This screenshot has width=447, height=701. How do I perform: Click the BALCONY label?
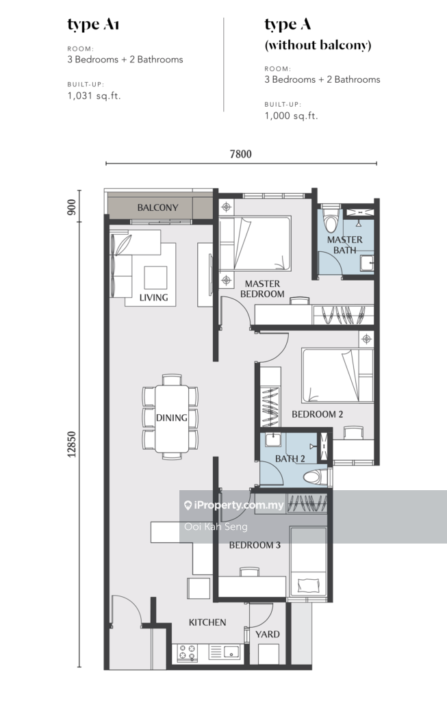tap(157, 207)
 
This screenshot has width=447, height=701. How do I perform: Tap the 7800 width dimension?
tap(240, 154)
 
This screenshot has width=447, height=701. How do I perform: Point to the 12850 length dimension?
tap(72, 444)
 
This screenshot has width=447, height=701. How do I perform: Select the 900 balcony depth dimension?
tap(72, 207)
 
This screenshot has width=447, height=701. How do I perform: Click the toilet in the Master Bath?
tap(331, 220)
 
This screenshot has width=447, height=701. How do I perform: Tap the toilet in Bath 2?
tap(316, 476)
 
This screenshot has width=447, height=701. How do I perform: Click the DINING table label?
tap(171, 418)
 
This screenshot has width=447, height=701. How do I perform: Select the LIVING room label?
tap(154, 297)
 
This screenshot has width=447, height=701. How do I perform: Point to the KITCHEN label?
tap(207, 622)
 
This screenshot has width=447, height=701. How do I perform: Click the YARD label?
tap(267, 634)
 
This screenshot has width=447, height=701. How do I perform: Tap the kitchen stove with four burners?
tap(188, 652)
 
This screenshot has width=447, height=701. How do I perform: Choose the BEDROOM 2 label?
tap(318, 414)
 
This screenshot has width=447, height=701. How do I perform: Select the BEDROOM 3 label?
tap(255, 545)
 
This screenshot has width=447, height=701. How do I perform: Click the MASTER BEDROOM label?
tap(262, 289)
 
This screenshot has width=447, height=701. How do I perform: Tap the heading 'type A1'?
tap(93, 25)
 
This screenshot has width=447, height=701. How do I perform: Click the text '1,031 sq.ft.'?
tap(94, 96)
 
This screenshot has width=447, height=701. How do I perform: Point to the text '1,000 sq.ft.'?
tap(291, 116)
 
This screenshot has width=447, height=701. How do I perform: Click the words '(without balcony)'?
tap(318, 45)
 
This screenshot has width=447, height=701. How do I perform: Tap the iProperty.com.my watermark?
tap(234, 505)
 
